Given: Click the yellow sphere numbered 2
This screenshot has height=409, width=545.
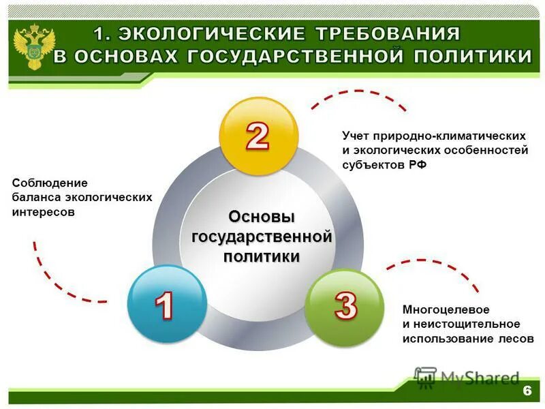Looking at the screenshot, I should pos(258,136).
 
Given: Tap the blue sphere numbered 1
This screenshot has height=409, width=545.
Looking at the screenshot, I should pos(166,304).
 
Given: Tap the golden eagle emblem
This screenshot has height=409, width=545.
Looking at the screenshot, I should pos(31,45).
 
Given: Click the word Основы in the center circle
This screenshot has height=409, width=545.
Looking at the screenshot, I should pos(262,217).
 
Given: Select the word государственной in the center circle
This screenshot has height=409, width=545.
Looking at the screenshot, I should pos(262,237).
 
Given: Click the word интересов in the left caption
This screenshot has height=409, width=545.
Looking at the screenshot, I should pos(43,212).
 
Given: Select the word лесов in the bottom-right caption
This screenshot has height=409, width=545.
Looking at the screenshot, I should pos(516,338).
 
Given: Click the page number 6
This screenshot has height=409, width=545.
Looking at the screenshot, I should pos(527,391).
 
